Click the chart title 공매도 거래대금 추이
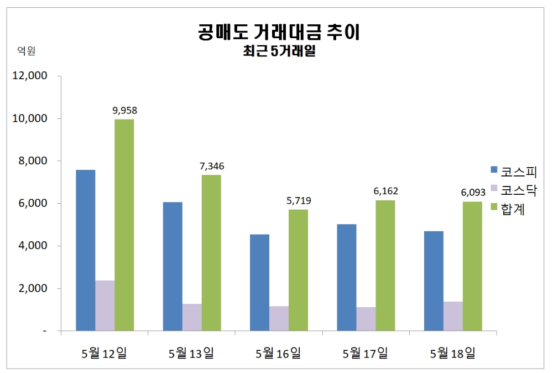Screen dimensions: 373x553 point(279,32)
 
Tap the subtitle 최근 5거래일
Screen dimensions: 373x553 point(279,52)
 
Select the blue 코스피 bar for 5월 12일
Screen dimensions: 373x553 point(86,250)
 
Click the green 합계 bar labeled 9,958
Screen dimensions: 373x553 point(124,225)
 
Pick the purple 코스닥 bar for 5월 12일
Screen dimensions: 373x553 point(105,305)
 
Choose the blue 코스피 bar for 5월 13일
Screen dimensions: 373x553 point(173,266)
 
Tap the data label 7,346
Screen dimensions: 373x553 point(211,166)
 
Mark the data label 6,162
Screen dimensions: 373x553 point(385,191)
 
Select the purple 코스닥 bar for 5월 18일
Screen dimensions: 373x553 point(453,316)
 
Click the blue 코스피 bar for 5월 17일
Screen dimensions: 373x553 point(347,277)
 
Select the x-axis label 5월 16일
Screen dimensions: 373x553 point(278,353)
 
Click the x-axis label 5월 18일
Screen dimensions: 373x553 point(452,353)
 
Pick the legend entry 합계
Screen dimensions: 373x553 point(512,209)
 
